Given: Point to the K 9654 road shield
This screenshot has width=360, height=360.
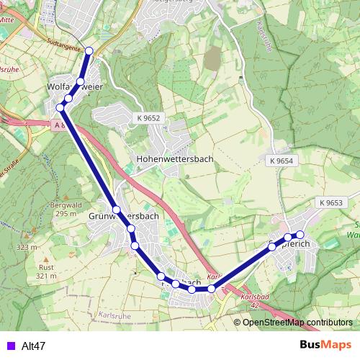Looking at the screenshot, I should click(x=282, y=161).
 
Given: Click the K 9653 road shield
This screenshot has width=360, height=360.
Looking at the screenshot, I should click(x=330, y=204).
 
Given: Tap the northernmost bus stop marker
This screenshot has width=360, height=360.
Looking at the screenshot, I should click(x=89, y=50).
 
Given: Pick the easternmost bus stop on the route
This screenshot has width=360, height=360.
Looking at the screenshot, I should click(x=300, y=235).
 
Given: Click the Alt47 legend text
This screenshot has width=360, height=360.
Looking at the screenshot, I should click(x=34, y=346).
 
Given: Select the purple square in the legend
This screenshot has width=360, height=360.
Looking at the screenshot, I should click(x=10, y=346).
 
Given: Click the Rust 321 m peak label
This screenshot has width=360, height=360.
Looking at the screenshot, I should click(x=46, y=271).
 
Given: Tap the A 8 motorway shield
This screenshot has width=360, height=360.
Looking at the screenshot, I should click(x=59, y=125).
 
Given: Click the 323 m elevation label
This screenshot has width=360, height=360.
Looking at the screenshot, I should click(x=26, y=247).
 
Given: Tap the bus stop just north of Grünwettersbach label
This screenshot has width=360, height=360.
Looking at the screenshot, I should click(x=116, y=210).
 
